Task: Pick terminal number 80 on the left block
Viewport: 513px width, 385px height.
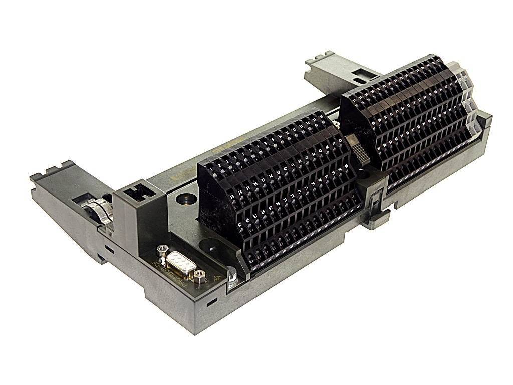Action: coord(346,165)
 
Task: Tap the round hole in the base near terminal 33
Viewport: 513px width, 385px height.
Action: coord(185,199)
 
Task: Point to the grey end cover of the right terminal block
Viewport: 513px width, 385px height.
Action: coord(468,100)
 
